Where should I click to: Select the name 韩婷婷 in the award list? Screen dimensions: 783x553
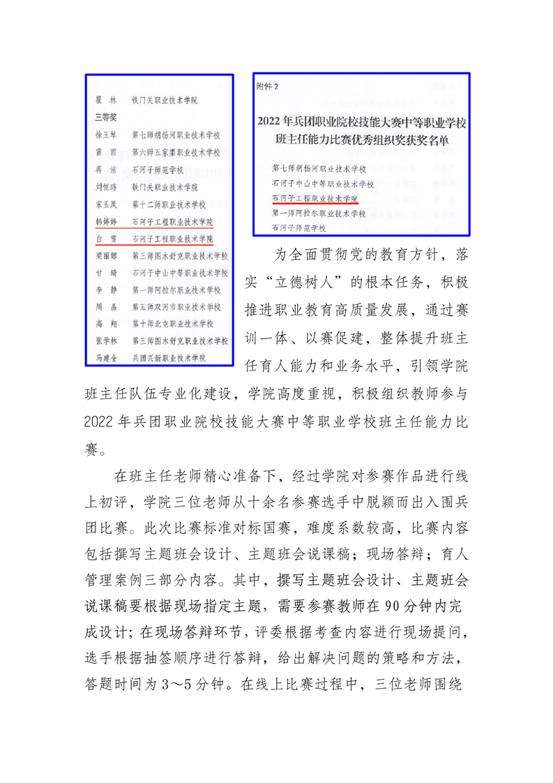[x=105, y=222]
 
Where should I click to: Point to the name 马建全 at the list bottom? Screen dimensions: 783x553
[x=105, y=357]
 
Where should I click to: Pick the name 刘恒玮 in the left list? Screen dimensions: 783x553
[x=105, y=187]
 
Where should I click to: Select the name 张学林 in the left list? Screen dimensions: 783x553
[x=105, y=341]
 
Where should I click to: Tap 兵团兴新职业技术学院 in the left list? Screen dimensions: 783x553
[x=169, y=357]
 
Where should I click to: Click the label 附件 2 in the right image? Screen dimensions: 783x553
[x=268, y=87]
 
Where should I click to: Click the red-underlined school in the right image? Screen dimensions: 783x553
[x=314, y=198]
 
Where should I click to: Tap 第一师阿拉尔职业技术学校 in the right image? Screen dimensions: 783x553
[x=319, y=213]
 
